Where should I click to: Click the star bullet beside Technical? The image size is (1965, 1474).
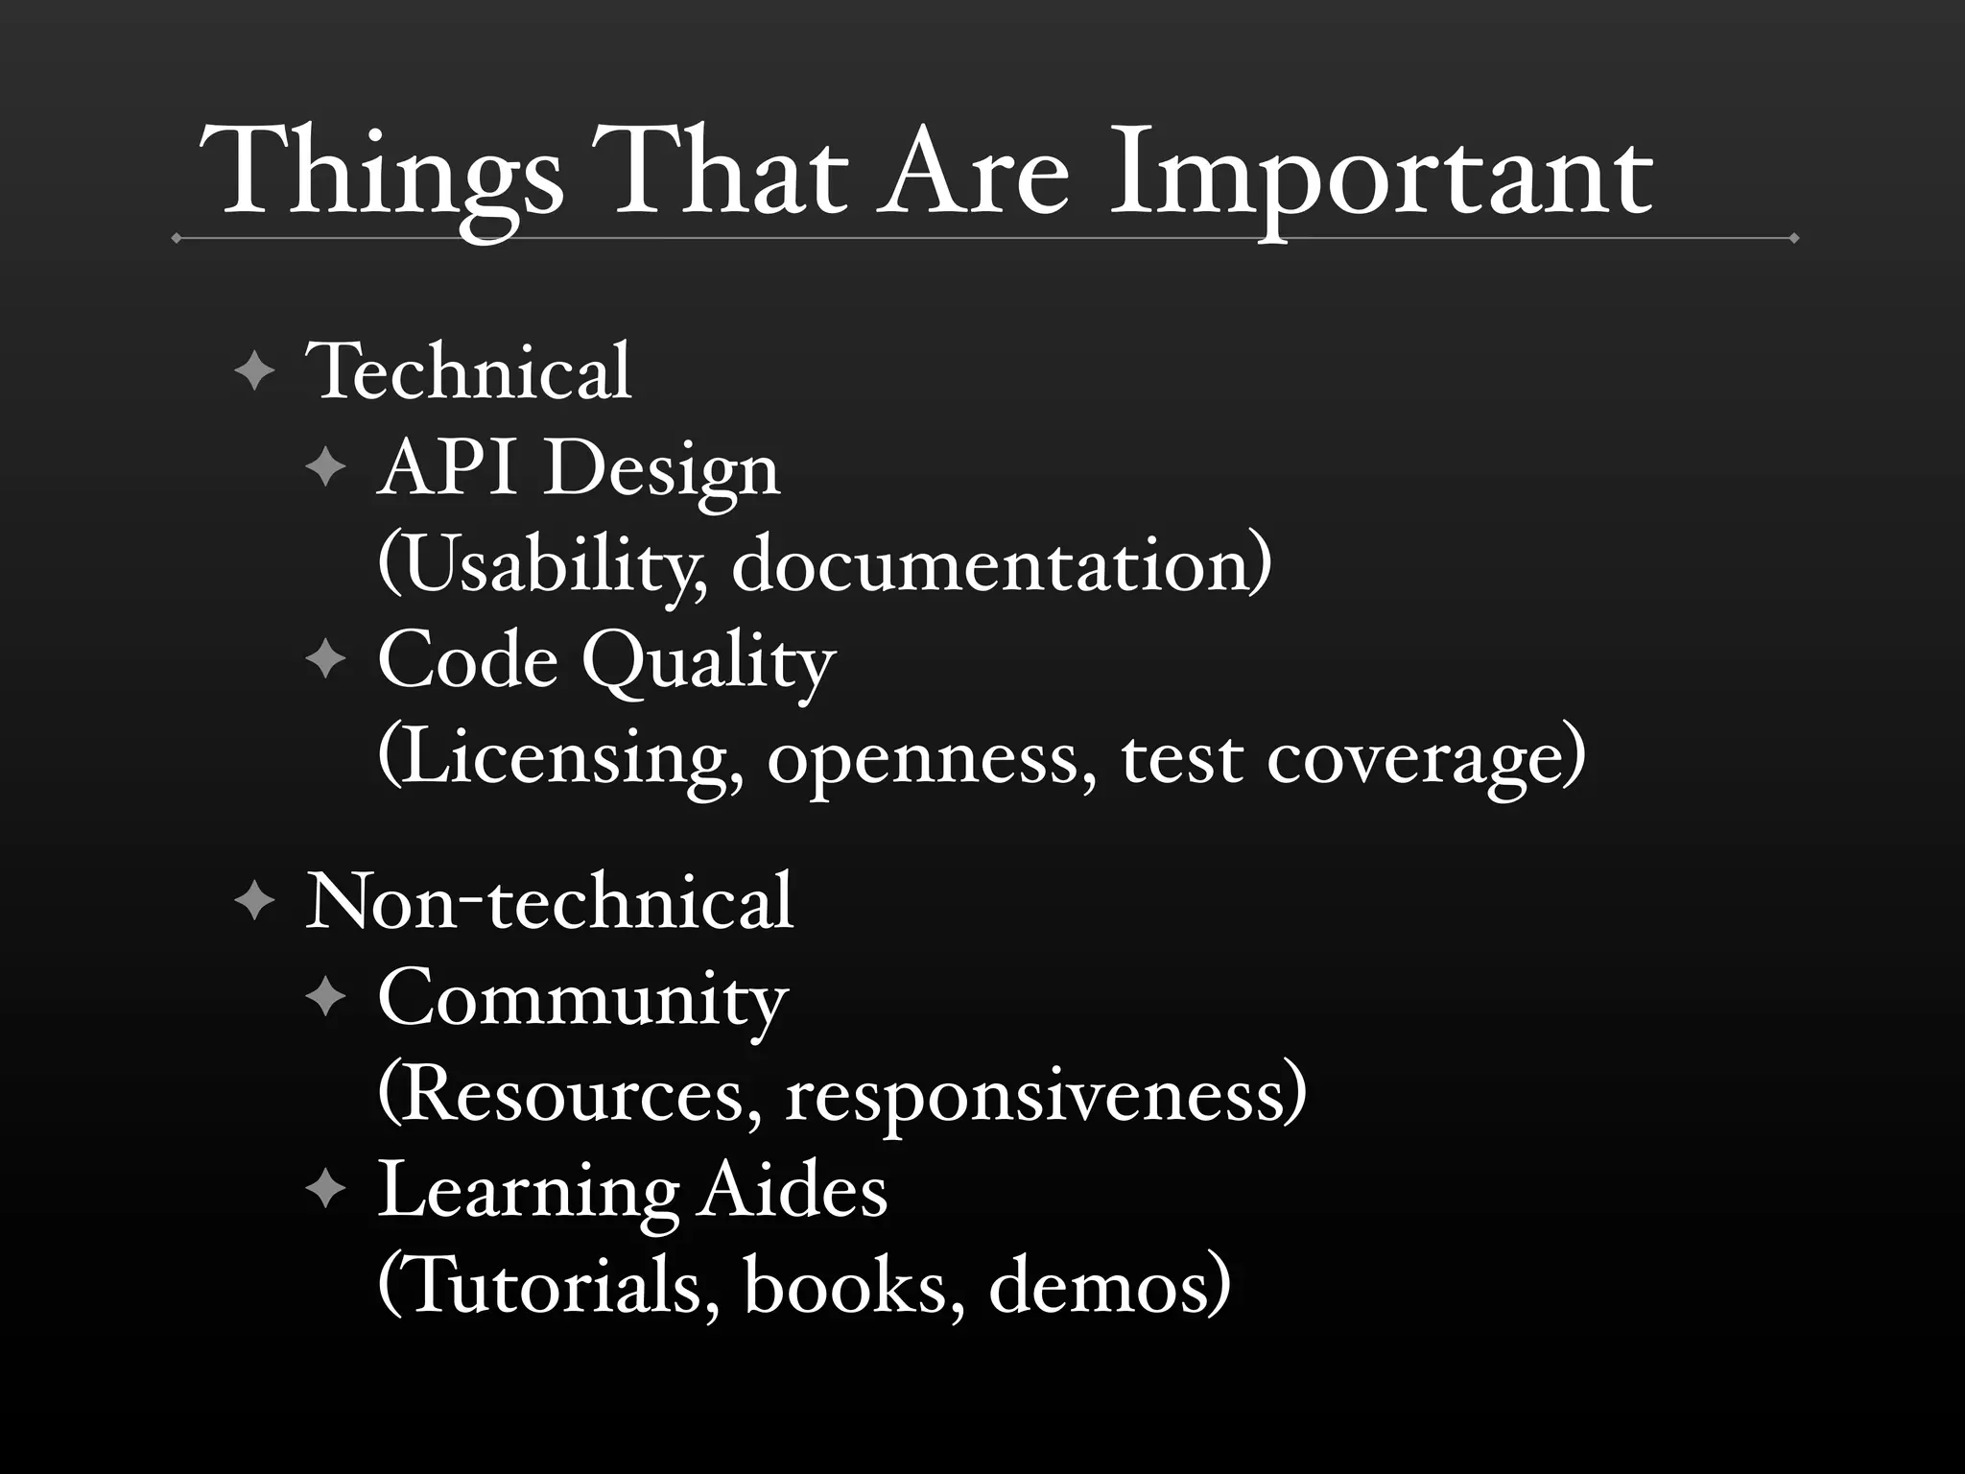[x=254, y=371]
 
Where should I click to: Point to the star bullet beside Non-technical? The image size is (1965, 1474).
[x=254, y=903]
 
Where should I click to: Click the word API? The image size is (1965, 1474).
[x=451, y=469]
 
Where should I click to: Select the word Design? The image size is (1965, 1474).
[x=661, y=471]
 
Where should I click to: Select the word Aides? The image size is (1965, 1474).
[x=792, y=1191]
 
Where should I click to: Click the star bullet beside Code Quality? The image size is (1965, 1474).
[x=325, y=660]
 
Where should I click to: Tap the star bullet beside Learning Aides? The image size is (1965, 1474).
[x=325, y=1191]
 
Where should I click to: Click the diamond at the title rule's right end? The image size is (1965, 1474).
[x=1793, y=238]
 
